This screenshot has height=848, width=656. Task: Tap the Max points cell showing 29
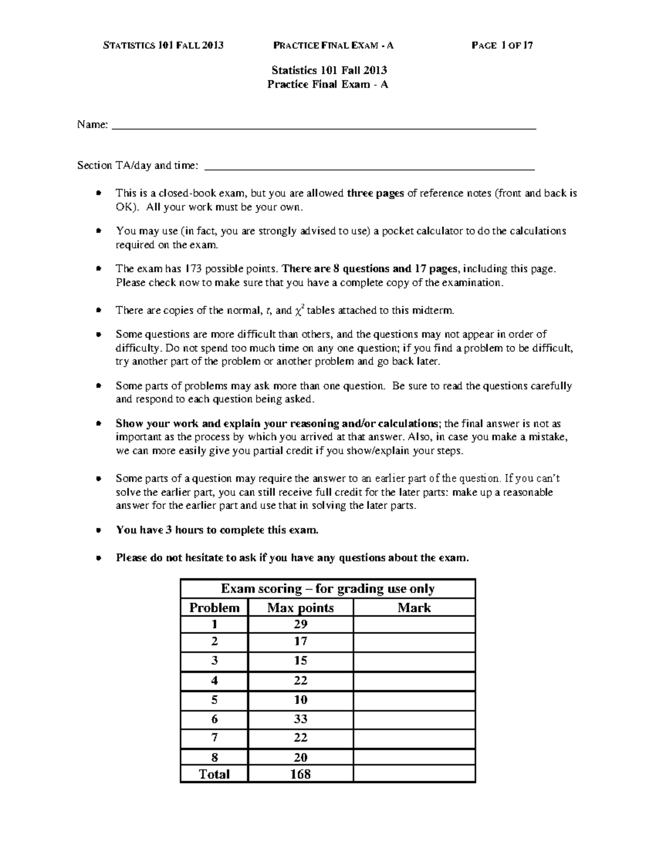(x=300, y=624)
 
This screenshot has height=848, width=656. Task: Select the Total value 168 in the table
(x=300, y=774)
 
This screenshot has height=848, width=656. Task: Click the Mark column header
(x=414, y=608)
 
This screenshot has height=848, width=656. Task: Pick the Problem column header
(x=214, y=608)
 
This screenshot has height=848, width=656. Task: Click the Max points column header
(x=300, y=608)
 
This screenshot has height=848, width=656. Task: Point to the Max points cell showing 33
(x=300, y=719)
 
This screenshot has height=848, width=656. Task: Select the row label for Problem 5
(x=214, y=699)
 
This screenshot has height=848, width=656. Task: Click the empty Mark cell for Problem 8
(x=414, y=757)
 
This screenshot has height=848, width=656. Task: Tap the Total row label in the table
(x=214, y=774)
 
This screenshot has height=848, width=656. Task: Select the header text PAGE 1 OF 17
(x=502, y=45)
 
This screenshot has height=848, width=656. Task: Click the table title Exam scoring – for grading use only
(x=327, y=589)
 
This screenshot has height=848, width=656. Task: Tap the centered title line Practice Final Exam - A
(x=327, y=84)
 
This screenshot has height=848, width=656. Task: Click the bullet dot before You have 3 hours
(x=98, y=530)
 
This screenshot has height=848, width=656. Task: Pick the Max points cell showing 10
(x=300, y=699)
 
